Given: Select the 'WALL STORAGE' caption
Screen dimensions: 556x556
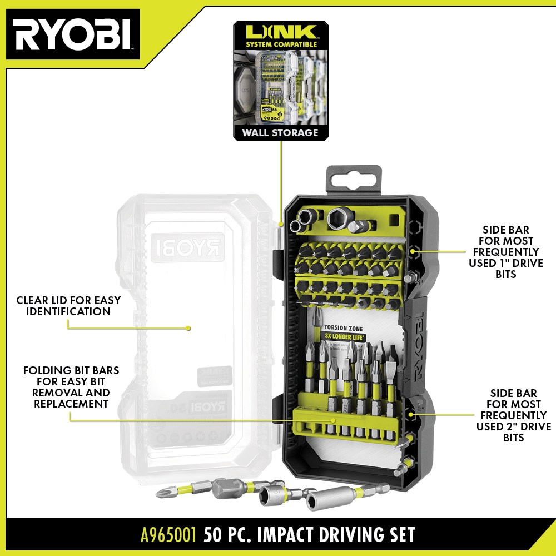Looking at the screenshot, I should point(280,132).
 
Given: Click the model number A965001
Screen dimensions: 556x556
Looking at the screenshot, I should point(168,535).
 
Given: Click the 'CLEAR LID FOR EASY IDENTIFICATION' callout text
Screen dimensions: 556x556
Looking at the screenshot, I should point(68,306).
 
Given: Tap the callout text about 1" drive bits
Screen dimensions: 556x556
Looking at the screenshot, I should point(506,252).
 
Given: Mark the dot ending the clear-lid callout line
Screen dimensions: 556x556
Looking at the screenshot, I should point(188,328).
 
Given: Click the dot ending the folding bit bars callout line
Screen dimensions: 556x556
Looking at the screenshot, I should point(334,419).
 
